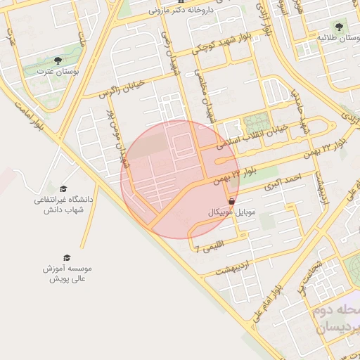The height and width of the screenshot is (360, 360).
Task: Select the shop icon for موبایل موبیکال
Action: coord(232,201)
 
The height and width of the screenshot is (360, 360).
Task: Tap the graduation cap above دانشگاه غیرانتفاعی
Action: coord(63,189)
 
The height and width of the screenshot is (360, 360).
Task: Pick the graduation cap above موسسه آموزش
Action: coord(67,258)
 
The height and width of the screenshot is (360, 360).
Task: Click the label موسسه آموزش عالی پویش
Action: coord(67,274)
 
